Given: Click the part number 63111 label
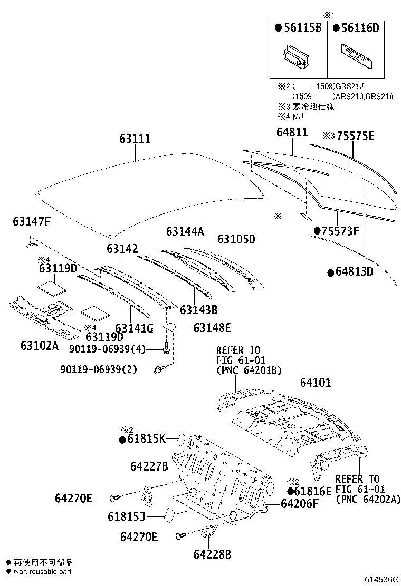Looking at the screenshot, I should click(134, 139).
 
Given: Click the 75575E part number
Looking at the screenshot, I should click(353, 136).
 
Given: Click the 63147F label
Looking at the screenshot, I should click(32, 222).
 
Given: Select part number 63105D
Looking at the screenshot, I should click(236, 239).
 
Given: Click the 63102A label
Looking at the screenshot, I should click(39, 345).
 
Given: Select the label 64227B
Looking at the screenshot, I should click(149, 466).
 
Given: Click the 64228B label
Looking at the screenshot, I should click(212, 554).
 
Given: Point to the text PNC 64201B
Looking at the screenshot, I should click(249, 370).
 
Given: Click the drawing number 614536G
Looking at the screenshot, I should click(379, 579).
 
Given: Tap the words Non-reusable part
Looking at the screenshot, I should click(42, 571).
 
